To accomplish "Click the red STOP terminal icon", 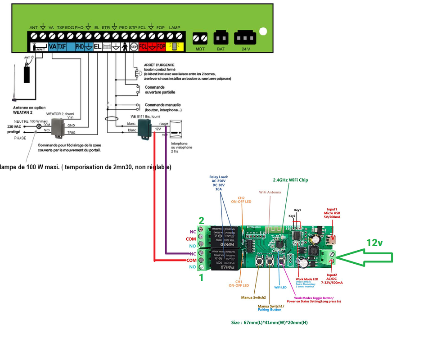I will (134, 46).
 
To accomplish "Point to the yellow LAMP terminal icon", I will (174, 46).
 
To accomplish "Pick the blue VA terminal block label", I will (52, 46).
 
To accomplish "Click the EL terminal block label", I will (98, 46).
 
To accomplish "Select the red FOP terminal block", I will (161, 46).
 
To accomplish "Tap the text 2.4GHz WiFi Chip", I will (290, 180).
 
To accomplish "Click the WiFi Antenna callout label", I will (270, 192).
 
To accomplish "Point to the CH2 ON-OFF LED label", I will (242, 200).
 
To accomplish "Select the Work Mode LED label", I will (307, 279).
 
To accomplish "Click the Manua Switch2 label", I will (253, 297).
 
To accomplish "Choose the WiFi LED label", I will (281, 287).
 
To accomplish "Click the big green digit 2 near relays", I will (201, 220).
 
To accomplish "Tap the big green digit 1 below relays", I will (201, 278).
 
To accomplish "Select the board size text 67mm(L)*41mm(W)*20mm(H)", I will (269, 323).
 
